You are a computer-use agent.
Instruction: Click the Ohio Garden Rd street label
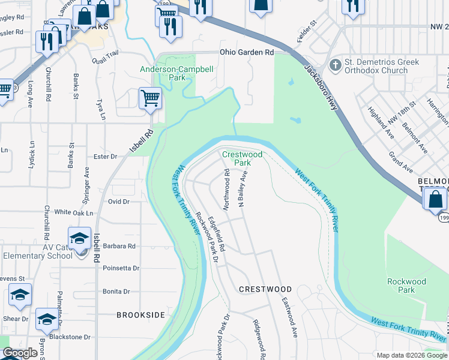[x=247, y=53]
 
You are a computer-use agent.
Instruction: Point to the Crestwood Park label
[x=243, y=158]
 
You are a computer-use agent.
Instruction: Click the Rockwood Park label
[x=406, y=286]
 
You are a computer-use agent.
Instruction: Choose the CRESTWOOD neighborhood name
[x=265, y=289]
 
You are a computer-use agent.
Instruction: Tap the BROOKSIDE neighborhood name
[x=140, y=314]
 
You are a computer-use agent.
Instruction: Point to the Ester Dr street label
[x=105, y=157]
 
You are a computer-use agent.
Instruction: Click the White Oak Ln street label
[x=74, y=212]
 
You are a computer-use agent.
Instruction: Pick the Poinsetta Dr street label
[x=121, y=268]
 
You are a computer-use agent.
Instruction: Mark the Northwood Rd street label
[x=227, y=189]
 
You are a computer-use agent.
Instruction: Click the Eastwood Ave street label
[x=291, y=318]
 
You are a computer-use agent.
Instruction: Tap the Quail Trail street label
[x=103, y=55]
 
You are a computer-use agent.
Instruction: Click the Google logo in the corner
[x=20, y=353]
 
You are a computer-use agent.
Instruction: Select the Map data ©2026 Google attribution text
[x=412, y=355]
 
